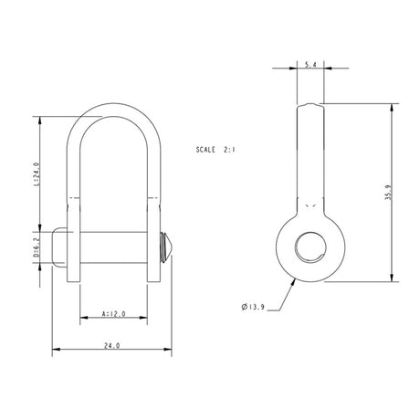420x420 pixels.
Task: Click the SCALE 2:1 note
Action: click(215, 149)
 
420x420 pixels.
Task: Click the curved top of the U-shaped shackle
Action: click(114, 109)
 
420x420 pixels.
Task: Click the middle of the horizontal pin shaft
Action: click(114, 246)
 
